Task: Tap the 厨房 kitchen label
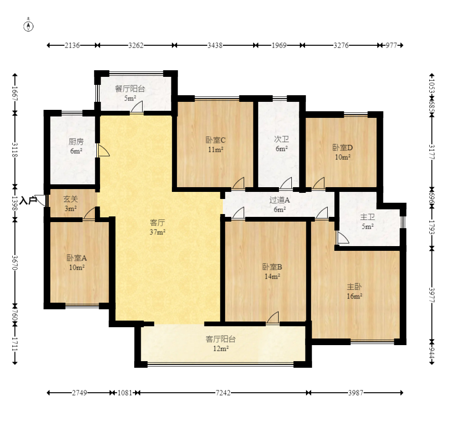pos(76,141)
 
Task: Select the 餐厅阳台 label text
pos(130,89)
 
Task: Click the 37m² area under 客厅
pos(157,232)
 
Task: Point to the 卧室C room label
pos(215,140)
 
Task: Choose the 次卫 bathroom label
pos(281,139)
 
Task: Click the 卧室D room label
pos(343,148)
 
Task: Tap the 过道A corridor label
pos(280,200)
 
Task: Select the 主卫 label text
pos(367,217)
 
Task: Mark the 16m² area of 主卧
pos(355,296)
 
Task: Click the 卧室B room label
pos(272,267)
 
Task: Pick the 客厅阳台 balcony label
pos(221,339)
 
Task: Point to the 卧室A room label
pos(76,258)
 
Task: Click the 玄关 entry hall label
pos(71,199)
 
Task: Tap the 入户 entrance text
pos(29,200)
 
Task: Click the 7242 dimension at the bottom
pos(223,393)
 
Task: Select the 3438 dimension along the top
pos(215,45)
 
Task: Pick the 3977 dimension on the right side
pos(432,295)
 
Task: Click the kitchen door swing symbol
pos(103,150)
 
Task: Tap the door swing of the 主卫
pos(343,238)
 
